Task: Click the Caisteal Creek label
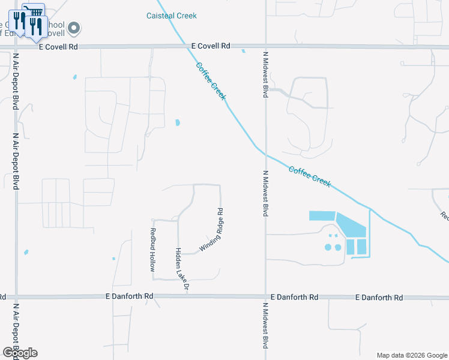pyautogui.click(x=171, y=16)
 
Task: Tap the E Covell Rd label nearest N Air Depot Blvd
pyautogui.click(x=58, y=46)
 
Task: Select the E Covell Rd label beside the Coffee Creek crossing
pyautogui.click(x=211, y=46)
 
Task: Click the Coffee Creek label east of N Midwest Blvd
pyautogui.click(x=309, y=176)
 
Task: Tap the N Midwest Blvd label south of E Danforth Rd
pyautogui.click(x=265, y=325)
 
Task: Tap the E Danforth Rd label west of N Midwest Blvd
pyautogui.click(x=129, y=296)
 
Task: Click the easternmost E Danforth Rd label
pyautogui.click(x=379, y=297)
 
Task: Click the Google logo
pyautogui.click(x=19, y=352)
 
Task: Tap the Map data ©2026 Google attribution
pyautogui.click(x=411, y=355)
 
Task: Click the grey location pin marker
pyautogui.click(x=74, y=27)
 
